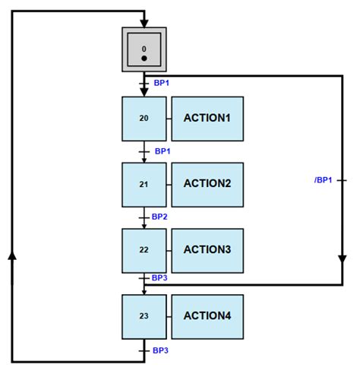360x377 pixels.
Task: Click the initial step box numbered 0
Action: click(144, 49)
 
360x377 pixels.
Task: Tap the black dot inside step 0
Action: click(144, 58)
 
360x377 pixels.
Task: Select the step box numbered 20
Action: click(144, 119)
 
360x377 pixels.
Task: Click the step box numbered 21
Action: click(144, 185)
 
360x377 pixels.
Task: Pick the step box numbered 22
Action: click(144, 250)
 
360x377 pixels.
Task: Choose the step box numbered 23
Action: click(144, 316)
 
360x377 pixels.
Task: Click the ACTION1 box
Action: click(207, 119)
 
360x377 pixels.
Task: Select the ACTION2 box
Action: click(207, 185)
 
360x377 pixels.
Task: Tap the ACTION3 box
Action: click(207, 250)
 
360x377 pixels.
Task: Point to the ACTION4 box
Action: click(207, 316)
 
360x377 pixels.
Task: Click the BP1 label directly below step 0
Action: click(161, 81)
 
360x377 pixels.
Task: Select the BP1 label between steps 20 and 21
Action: click(163, 151)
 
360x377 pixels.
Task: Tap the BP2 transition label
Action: click(159, 217)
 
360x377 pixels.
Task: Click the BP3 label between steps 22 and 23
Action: click(159, 278)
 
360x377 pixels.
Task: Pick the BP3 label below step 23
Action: click(161, 350)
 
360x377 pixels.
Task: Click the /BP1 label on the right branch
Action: click(323, 180)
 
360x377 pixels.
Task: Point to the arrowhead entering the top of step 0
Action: click(144, 23)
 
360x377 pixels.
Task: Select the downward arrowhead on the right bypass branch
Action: click(342, 259)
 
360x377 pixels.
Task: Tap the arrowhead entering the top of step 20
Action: click(144, 92)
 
